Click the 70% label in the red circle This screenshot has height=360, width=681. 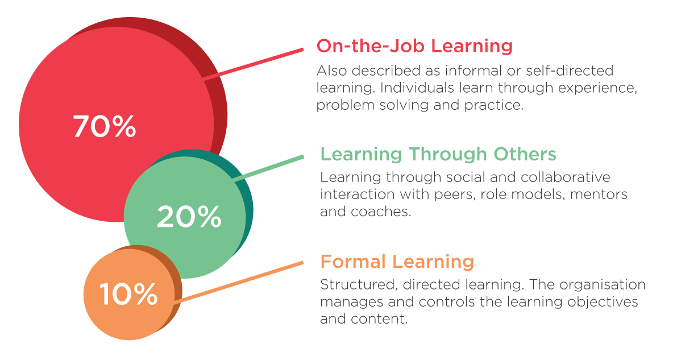click(105, 126)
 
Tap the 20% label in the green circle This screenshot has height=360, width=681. click(189, 217)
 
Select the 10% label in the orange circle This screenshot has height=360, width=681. click(128, 294)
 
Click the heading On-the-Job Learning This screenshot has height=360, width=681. click(414, 45)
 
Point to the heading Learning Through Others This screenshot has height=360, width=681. click(438, 154)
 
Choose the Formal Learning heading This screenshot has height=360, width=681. click(397, 262)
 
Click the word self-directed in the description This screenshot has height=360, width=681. click(570, 71)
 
